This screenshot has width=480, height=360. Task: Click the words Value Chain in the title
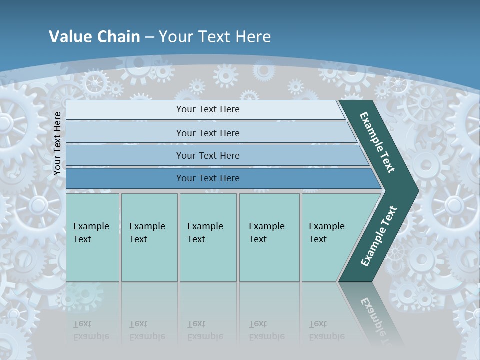[x=94, y=37]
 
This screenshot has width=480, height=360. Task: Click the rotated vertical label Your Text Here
[x=57, y=143]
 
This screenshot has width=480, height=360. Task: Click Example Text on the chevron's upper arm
[x=377, y=142]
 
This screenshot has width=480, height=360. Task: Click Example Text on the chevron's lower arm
[x=379, y=236]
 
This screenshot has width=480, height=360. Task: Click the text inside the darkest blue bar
[x=208, y=178]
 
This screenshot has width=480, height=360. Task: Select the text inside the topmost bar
[x=208, y=109]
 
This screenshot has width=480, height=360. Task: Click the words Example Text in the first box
[x=91, y=232]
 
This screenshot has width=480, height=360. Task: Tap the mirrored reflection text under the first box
[x=91, y=330]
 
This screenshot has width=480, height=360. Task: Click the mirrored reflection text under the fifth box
[x=326, y=330]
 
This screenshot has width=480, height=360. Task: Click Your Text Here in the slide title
[x=215, y=37]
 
